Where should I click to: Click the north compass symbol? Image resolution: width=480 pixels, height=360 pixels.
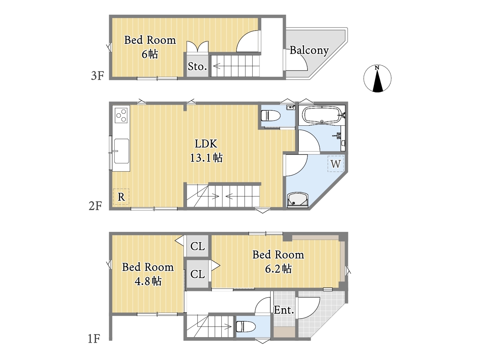click(377, 78)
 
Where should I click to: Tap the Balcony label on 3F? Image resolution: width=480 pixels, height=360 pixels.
click(309, 51)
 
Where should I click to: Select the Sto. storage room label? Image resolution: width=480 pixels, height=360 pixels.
click(197, 66)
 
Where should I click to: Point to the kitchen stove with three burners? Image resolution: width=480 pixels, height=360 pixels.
click(121, 115)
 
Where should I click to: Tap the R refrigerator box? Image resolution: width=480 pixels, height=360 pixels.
click(121, 197)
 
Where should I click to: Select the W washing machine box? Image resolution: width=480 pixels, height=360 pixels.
click(336, 164)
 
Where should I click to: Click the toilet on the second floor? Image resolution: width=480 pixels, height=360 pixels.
click(271, 115)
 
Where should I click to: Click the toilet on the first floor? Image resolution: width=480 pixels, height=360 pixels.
click(246, 326)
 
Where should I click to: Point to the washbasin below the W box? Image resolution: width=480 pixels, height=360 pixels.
click(298, 200)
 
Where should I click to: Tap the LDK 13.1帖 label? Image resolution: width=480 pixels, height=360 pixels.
click(206, 151)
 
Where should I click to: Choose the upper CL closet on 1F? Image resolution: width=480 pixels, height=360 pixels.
click(198, 246)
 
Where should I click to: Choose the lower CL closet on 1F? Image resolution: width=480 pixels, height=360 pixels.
click(198, 274)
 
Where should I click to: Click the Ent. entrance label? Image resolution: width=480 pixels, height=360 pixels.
click(283, 310)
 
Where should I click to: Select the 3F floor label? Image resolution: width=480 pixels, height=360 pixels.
click(97, 76)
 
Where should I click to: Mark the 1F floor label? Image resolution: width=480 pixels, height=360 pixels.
click(94, 339)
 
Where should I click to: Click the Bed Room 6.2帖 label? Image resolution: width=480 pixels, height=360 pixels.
click(278, 261)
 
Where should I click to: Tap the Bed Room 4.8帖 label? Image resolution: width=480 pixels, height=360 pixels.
click(148, 274)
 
